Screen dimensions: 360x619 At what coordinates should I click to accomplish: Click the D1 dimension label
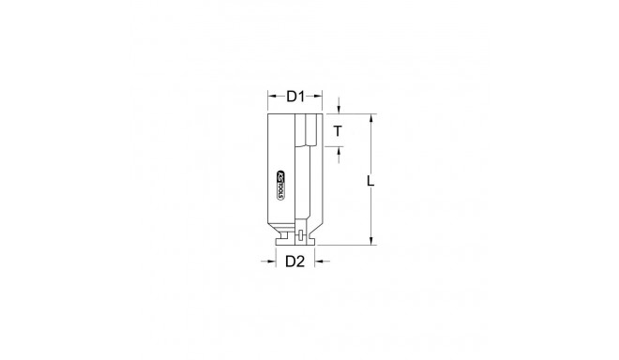pos(296,96)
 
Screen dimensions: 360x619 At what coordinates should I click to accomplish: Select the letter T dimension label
pos(337,131)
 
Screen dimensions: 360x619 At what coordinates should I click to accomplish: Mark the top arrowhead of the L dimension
pos(373,118)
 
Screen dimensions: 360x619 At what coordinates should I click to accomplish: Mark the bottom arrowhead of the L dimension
pos(373,241)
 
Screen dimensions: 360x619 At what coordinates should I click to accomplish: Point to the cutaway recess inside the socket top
pos(309,131)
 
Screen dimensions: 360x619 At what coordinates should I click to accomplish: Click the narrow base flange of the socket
pos(296,245)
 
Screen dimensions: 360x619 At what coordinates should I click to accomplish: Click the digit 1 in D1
pos(305,96)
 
